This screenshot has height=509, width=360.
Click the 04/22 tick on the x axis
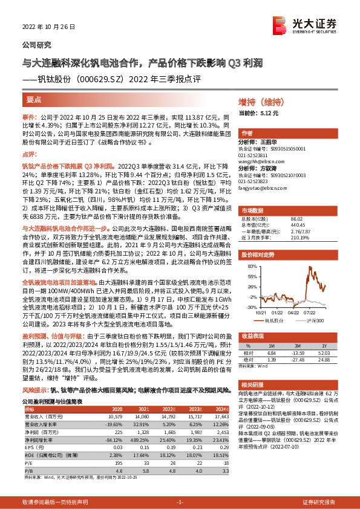(x=293, y=313)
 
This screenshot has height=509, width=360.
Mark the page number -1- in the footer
(x=180, y=502)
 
